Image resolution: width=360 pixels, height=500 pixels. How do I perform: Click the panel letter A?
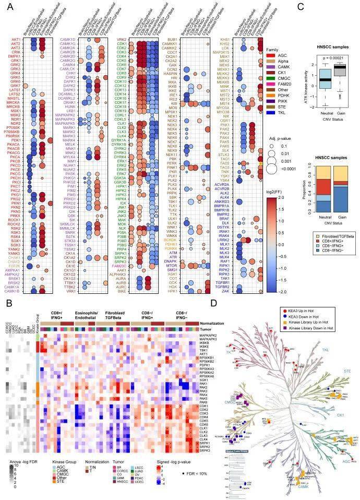point(7,7)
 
